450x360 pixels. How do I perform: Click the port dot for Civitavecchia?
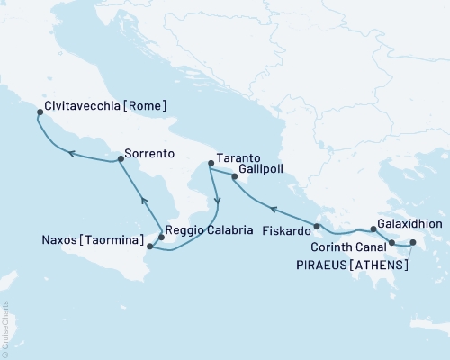coord(39,113)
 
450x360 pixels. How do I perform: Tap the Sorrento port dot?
coord(120,159)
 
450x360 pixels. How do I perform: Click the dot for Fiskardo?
coord(317,226)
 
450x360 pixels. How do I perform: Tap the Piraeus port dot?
coord(413,242)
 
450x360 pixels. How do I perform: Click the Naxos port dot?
coord(149,246)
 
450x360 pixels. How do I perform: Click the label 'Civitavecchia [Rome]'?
coord(108,105)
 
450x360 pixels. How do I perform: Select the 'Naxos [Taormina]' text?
coord(92,241)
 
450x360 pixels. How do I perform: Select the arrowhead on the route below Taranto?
coord(215,199)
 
